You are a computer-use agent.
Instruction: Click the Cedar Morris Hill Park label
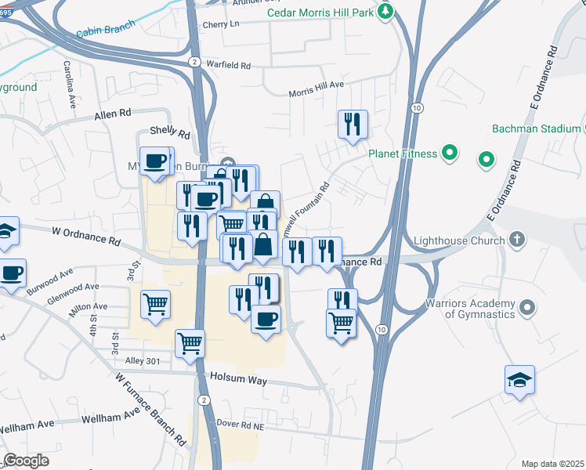[x=320, y=13]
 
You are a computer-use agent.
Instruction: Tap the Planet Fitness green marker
[x=450, y=154]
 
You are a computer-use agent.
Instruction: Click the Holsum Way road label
[x=238, y=380]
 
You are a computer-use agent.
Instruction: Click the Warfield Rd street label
[x=227, y=64]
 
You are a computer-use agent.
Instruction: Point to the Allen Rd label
[x=112, y=114]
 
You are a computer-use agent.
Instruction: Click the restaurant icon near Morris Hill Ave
[x=353, y=124]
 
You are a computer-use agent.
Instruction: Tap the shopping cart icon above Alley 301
[x=190, y=342]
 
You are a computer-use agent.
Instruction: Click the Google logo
[x=27, y=461]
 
